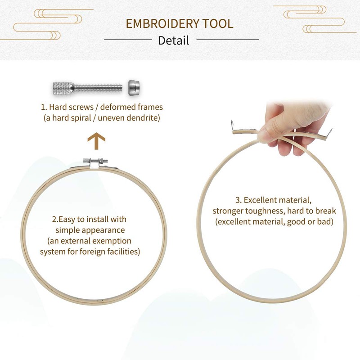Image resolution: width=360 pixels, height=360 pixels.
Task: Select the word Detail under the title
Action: [x=173, y=40]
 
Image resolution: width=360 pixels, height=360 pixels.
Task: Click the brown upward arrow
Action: [x=96, y=141]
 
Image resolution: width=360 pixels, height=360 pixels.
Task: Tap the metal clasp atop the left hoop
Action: [x=95, y=162]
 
